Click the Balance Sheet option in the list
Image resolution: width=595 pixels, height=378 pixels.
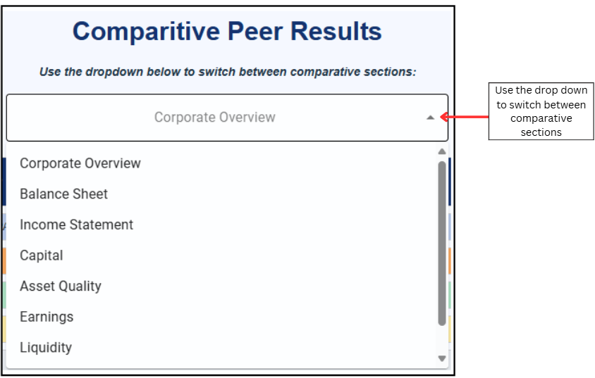(x=63, y=194)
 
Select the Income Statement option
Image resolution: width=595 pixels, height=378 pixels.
(x=76, y=225)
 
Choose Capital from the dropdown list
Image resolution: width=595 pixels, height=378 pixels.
(x=42, y=256)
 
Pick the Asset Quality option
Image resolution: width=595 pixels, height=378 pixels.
(x=61, y=286)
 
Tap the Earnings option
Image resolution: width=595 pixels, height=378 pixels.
(x=47, y=317)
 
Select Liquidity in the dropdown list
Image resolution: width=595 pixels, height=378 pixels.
(x=46, y=348)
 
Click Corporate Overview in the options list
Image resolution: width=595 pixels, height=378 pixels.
(x=80, y=163)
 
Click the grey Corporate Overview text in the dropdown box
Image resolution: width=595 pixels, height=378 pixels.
(x=215, y=118)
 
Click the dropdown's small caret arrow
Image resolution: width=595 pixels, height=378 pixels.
(x=430, y=118)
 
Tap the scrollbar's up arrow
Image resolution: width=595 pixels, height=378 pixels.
(x=442, y=151)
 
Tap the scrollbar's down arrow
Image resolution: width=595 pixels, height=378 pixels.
(x=442, y=358)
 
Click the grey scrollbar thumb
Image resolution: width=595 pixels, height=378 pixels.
(x=442, y=244)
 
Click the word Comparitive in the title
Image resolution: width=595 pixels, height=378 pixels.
(x=146, y=32)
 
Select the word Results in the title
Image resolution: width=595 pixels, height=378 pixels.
(x=336, y=31)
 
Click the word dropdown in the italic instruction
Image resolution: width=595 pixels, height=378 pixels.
(x=114, y=72)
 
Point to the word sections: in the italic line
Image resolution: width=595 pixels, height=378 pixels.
(x=390, y=72)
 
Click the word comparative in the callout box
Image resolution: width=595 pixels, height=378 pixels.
(x=541, y=118)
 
